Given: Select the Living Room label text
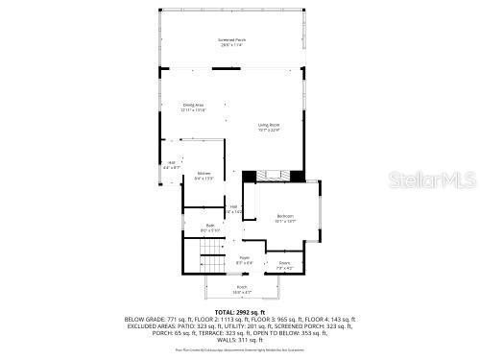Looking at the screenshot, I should coord(268,125).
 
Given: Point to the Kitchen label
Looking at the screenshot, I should coord(204,173).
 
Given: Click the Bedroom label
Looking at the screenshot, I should coord(284,216).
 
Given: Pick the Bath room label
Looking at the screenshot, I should coord(209,226).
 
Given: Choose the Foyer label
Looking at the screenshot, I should coord(244,257).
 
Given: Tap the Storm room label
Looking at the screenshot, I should coord(284,263).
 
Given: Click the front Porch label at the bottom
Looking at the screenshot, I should coord(241,287).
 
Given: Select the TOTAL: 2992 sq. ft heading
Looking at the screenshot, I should coord(240,312).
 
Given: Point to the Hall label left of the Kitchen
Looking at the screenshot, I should coord(172,162).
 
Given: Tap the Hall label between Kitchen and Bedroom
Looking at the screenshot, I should coord(233,206).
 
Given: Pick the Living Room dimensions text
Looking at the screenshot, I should coord(268,131).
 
